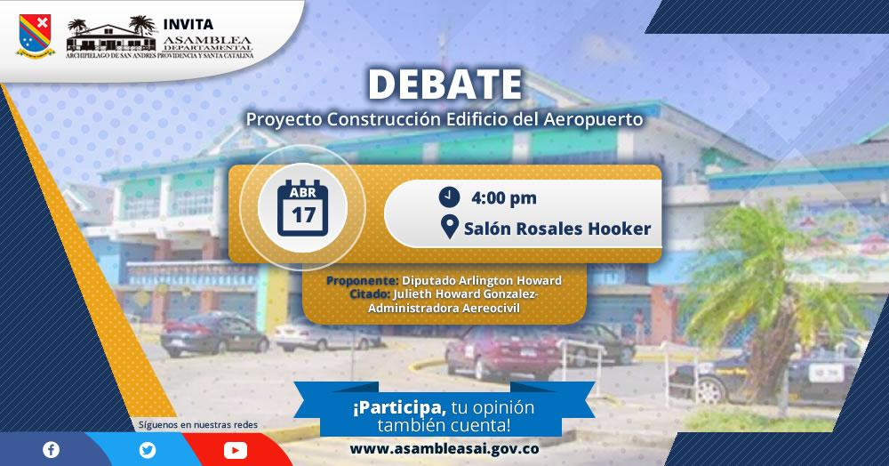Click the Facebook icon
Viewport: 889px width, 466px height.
[x=51, y=450]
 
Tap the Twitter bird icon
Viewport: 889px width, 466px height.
[x=148, y=450]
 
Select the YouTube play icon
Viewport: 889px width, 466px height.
[x=236, y=451]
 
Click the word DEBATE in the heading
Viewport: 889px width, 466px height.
[x=445, y=84]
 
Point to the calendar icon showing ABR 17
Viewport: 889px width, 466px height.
[x=303, y=208]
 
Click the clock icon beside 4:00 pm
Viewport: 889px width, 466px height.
[x=449, y=197]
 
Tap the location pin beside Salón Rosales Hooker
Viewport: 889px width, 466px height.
[x=449, y=228]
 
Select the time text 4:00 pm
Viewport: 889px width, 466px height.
[x=503, y=197]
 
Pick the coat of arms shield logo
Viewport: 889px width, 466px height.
[x=36, y=36]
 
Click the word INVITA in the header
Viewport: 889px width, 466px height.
[x=188, y=24]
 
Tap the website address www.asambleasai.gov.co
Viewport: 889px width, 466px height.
[x=444, y=449]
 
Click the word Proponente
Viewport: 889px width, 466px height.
[x=363, y=280]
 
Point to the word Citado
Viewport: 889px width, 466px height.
[x=370, y=293]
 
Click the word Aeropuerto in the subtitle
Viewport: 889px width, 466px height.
[x=593, y=120]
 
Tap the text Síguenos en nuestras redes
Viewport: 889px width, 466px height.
[x=198, y=424]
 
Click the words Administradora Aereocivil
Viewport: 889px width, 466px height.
[x=444, y=308]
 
